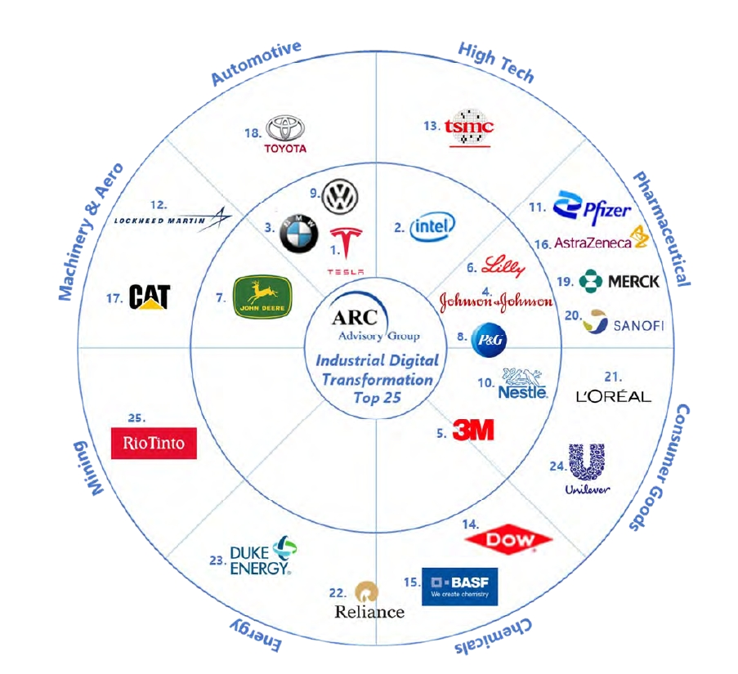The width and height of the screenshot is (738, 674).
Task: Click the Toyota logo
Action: (285, 133)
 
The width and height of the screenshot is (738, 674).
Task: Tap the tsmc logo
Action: (470, 127)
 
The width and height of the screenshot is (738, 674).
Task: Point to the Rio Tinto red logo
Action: (154, 444)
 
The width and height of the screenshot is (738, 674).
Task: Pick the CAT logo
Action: (150, 297)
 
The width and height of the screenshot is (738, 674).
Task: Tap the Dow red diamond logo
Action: (508, 540)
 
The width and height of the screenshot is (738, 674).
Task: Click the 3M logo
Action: (473, 430)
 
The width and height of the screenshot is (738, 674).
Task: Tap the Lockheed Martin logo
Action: (173, 219)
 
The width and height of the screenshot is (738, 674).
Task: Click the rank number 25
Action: (136, 417)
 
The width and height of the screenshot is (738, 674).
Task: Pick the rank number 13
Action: (431, 126)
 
